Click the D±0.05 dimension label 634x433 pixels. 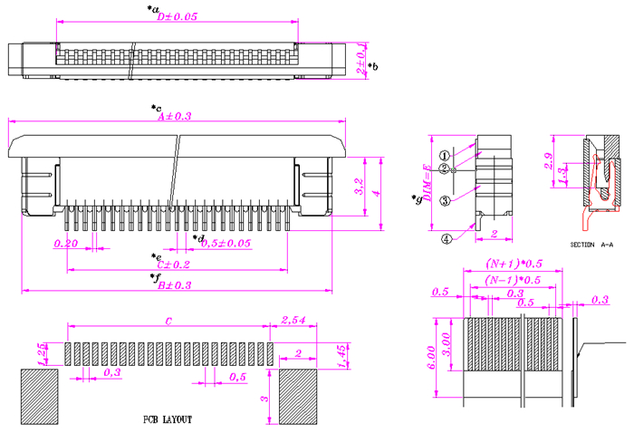(x=177, y=16)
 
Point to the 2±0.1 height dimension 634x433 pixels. (x=361, y=58)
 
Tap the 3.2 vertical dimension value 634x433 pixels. (x=360, y=188)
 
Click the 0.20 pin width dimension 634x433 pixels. (x=65, y=244)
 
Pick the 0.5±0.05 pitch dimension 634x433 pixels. (x=225, y=244)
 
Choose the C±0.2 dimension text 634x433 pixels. (x=174, y=265)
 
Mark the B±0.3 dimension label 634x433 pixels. (x=175, y=285)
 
